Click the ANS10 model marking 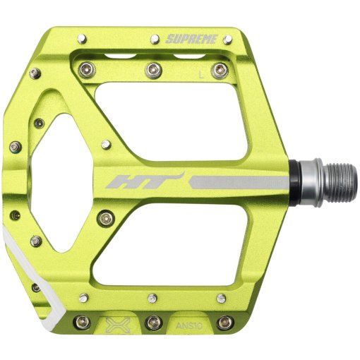(186, 325)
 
